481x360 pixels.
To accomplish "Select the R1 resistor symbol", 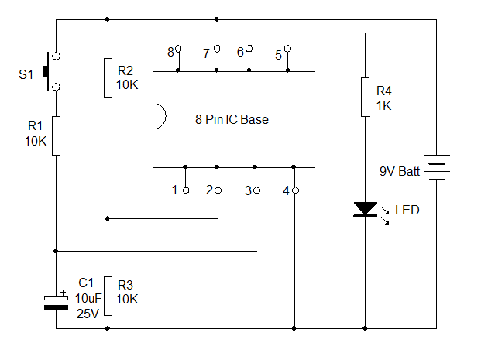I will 56,135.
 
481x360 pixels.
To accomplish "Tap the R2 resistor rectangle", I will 108,77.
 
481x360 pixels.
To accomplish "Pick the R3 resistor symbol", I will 108,296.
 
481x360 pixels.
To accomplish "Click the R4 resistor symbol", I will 364,97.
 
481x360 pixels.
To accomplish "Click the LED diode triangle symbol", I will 364,209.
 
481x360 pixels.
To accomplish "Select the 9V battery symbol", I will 438,166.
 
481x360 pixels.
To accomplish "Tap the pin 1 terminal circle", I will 186,190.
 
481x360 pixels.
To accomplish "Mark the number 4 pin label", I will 286,190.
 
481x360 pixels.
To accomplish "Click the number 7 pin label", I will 206,53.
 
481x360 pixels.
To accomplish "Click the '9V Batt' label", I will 399,171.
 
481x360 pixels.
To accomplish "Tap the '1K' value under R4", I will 384,106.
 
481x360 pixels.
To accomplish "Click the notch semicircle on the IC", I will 158,116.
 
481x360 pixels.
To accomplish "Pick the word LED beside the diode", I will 407,210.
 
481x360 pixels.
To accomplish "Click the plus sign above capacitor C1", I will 64,292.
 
